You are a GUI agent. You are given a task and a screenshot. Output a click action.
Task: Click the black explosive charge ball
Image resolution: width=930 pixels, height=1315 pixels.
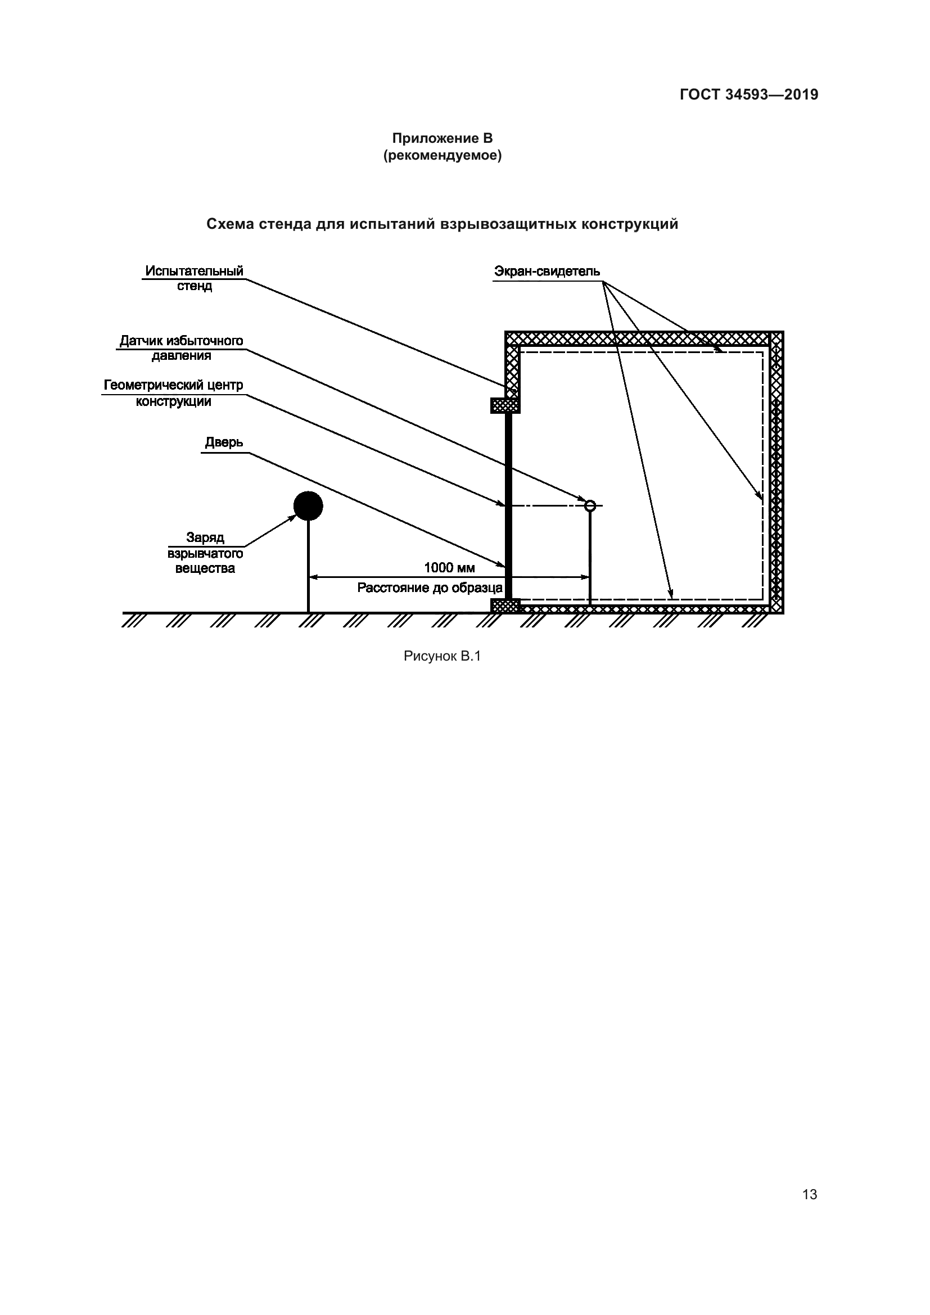[308, 506]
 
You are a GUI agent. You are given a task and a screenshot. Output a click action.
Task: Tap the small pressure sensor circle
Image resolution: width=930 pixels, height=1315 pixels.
[590, 505]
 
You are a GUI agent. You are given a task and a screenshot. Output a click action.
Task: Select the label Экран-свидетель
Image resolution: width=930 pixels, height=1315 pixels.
[547, 272]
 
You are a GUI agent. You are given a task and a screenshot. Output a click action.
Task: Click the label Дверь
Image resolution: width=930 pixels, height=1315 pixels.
[224, 442]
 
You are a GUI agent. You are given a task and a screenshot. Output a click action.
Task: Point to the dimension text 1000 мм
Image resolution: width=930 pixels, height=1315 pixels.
[450, 568]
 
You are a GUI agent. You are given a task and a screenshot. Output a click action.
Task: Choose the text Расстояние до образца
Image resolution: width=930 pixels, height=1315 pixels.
[430, 588]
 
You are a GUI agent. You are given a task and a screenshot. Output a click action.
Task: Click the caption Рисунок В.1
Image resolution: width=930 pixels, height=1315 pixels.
[442, 656]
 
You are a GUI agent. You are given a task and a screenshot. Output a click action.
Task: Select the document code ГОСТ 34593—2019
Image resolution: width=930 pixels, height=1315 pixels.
[749, 95]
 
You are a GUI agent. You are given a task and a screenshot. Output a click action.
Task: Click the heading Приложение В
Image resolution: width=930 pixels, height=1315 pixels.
[442, 139]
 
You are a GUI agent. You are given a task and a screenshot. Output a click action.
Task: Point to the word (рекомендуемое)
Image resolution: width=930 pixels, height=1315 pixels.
[442, 156]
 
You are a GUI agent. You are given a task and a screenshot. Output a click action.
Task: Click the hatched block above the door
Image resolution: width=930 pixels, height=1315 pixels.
[505, 405]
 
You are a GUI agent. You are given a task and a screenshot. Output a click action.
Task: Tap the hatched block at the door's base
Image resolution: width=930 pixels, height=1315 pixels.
[505, 605]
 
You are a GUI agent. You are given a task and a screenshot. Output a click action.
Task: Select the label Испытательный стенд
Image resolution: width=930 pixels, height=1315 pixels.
[194, 278]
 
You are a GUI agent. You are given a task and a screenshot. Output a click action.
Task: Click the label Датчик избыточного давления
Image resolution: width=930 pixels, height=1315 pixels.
[181, 348]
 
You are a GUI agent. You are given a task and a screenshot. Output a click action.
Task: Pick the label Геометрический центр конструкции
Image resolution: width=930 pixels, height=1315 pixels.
[174, 393]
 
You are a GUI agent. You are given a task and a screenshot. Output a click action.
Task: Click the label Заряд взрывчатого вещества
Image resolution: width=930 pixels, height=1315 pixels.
[205, 553]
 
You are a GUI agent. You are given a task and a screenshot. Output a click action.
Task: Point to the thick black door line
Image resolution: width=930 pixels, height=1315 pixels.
[508, 504]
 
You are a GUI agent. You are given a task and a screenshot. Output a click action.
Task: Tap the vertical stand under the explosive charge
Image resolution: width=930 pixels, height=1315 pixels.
[309, 567]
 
